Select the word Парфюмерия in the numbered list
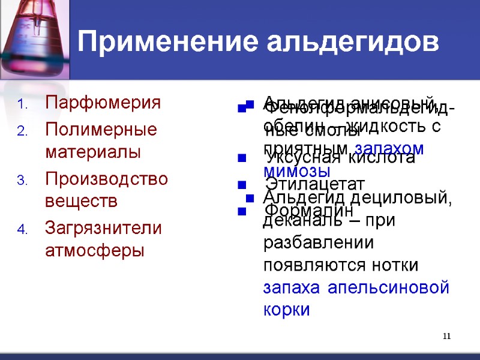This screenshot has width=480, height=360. [x=103, y=103]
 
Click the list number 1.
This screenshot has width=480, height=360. [x=21, y=104]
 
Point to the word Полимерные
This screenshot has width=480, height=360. [x=101, y=130]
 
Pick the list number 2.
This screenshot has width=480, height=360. [x=21, y=131]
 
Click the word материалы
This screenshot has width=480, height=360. [x=93, y=151]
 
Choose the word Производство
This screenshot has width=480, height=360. [x=106, y=179]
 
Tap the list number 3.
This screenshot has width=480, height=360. [x=21, y=181]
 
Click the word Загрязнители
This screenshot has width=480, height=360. [x=103, y=228]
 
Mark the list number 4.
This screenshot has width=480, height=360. [x=21, y=230]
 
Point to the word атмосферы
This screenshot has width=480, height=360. [x=95, y=250]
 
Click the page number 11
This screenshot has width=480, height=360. [x=446, y=336]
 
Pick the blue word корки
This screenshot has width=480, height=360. [x=286, y=310]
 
